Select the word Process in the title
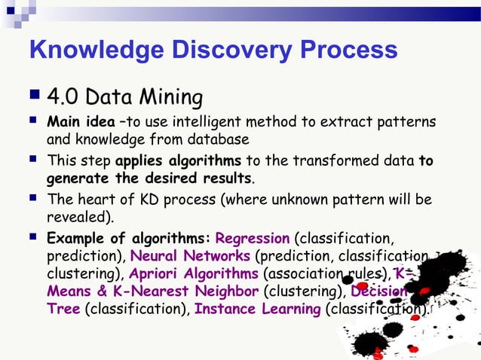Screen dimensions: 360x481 [348, 50]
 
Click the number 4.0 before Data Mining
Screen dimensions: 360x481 [63, 97]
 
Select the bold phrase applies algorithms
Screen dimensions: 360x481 [178, 160]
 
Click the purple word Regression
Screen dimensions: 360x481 [252, 239]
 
